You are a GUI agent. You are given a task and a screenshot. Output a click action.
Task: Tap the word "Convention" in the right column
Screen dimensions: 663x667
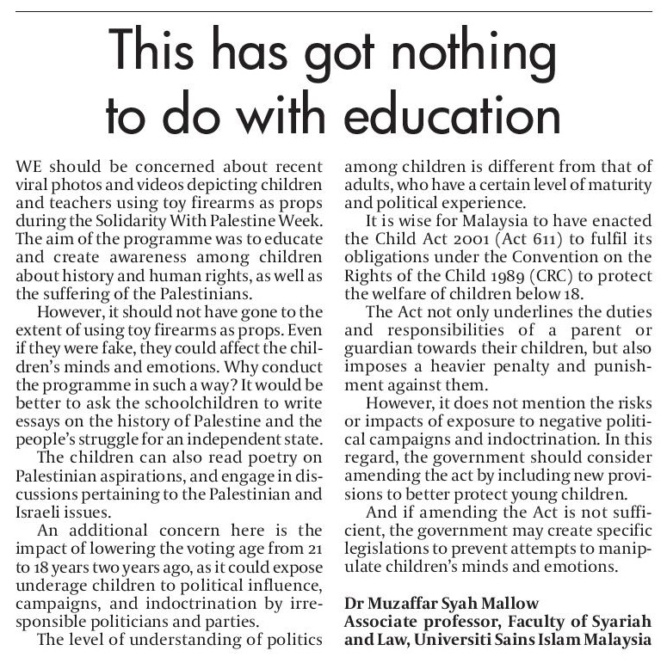tap(530, 249)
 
